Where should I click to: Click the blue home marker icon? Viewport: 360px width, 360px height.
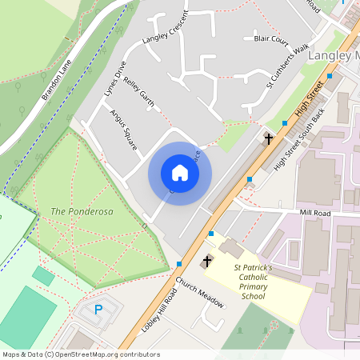pos(180,173)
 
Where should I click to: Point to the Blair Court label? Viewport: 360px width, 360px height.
pos(270,38)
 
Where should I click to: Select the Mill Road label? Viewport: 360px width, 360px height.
pos(314,213)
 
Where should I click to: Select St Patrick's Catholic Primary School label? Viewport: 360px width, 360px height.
pos(253,282)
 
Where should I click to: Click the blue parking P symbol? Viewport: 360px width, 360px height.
pos(99,309)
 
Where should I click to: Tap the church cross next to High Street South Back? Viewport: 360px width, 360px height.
pos(268,138)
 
